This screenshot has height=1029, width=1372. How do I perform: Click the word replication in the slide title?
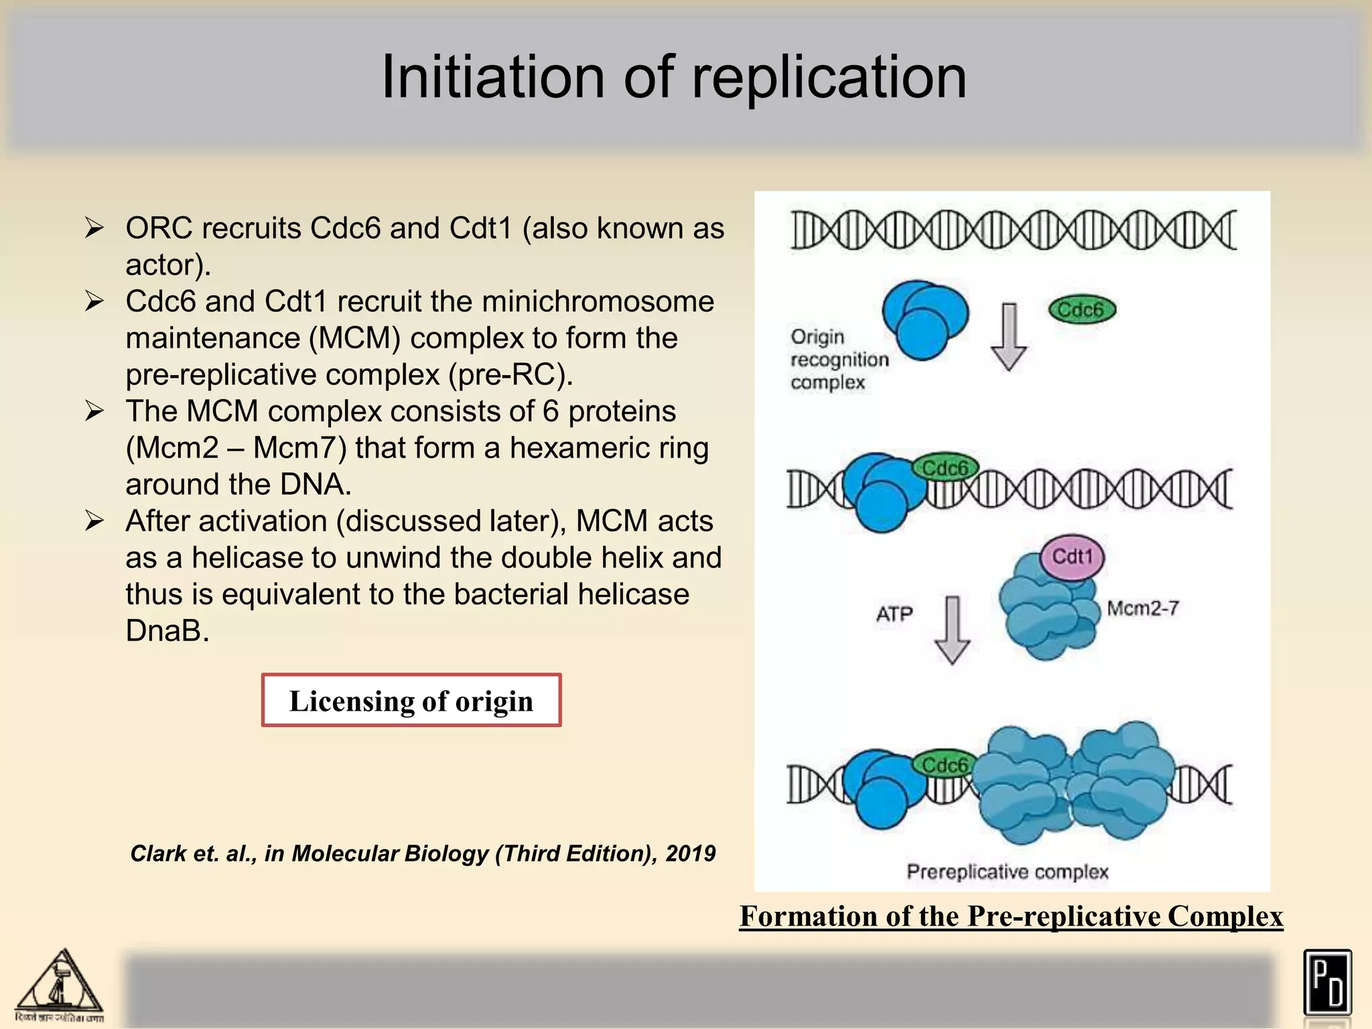[829, 78]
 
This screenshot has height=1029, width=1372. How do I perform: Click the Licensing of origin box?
[411, 701]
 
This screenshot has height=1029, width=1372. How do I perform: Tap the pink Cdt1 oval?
[1072, 557]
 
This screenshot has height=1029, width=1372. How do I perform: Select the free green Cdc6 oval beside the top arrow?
[1081, 310]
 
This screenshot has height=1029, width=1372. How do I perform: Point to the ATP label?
[894, 614]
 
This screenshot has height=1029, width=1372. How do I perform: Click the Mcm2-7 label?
[1142, 608]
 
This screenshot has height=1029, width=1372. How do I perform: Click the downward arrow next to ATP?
[952, 630]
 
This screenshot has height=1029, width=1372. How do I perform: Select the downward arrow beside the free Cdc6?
[1008, 337]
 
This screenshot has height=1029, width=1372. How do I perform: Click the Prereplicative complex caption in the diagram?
[1007, 872]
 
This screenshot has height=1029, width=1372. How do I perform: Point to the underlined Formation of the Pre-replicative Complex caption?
[1011, 916]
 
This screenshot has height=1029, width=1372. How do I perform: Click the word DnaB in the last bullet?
[167, 630]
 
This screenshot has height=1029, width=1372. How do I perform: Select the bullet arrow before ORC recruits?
[94, 228]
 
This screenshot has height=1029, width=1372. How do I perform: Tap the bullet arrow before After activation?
[94, 521]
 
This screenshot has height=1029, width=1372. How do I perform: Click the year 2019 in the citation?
[690, 853]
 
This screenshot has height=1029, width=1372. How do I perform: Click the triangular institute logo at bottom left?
[60, 984]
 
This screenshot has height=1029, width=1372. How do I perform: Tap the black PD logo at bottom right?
[1327, 983]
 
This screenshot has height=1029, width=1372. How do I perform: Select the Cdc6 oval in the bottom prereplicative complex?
[944, 765]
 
